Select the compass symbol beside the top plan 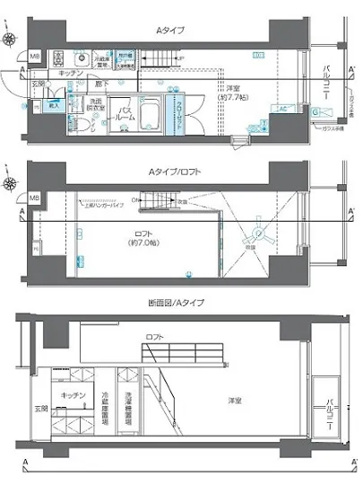pos(11,40)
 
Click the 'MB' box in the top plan pos(35,57)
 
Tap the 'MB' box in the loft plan pos(35,197)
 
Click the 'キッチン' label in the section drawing pos(73,395)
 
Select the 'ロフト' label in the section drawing pos(153,337)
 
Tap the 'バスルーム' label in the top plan pos(124,113)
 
